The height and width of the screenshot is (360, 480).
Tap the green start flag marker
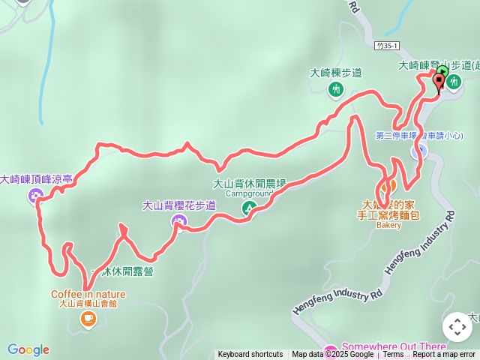442,73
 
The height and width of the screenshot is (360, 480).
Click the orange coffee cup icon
88,320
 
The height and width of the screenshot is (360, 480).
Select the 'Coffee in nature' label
88,294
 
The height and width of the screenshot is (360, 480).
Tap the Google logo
28,349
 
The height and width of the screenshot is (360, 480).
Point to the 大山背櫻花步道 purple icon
178,220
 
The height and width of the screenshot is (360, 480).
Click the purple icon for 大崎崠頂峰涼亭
35,196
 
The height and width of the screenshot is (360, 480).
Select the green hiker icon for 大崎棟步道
335,89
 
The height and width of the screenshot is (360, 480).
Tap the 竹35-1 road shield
388,46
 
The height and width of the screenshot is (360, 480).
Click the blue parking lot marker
420,151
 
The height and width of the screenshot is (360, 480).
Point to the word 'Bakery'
388,225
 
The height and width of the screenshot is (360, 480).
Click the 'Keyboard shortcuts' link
250,355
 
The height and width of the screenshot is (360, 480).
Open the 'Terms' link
393,355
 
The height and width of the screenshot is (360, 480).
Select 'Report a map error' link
444,355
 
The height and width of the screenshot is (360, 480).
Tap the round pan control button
457,327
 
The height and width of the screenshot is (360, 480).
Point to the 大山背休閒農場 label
250,183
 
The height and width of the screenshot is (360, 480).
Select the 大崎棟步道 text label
336,73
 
